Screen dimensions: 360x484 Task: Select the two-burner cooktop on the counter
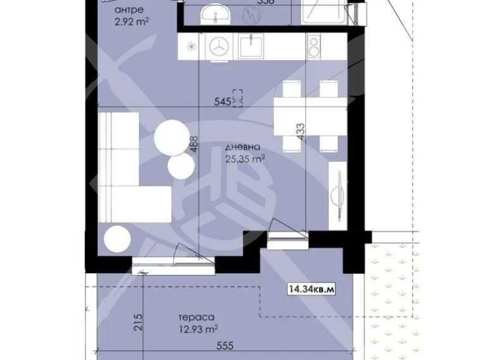tap(315, 47)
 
